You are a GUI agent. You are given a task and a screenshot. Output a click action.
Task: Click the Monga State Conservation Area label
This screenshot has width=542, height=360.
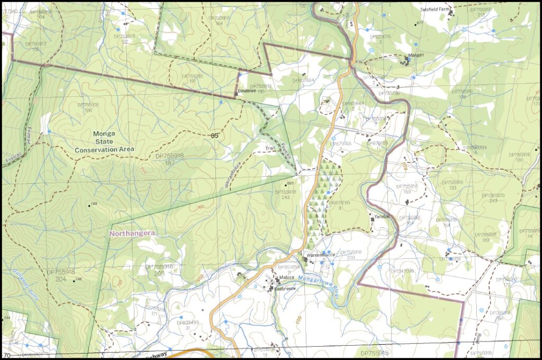point(104,142)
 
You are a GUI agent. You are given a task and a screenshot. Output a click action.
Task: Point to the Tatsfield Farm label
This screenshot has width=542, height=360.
point(433,10)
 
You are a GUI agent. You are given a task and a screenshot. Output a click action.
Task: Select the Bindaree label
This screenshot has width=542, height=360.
point(247,91)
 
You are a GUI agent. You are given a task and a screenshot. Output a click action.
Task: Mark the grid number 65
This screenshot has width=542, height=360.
point(214,136)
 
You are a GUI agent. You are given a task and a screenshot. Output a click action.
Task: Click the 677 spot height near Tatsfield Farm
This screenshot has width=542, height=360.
point(420,23)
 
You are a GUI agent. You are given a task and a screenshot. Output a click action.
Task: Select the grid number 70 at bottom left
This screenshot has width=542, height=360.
point(7,355)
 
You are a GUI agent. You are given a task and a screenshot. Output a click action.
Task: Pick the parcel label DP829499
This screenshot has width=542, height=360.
point(188,322)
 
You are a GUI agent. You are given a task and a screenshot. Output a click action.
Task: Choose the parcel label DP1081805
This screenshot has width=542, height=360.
point(493,195)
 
